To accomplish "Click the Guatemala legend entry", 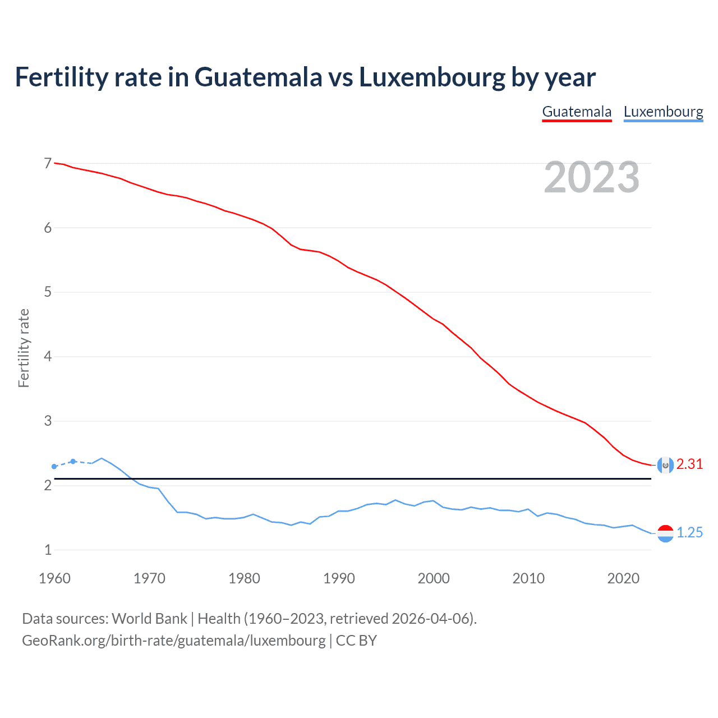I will point(577,112).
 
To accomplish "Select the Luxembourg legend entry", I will point(663,112).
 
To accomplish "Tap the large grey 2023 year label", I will point(591,177).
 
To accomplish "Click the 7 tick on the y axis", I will point(48,163).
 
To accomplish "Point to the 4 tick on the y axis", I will point(48,356).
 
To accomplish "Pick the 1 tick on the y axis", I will point(48,550).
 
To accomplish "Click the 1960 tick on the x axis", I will point(54,578).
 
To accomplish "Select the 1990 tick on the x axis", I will point(339,578).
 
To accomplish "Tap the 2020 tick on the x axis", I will point(623,578).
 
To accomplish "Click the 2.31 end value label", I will point(689,464).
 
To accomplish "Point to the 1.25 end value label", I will point(689,533).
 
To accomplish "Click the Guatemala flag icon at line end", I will point(665,465).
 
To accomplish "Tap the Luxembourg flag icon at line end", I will point(665,533).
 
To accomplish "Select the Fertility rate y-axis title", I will point(24,348).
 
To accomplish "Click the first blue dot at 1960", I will point(54,467).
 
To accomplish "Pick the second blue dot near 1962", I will point(73,461).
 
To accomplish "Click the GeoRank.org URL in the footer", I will point(173,641).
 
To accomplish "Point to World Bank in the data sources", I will point(149,619).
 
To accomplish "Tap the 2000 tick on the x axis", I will point(434,578).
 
